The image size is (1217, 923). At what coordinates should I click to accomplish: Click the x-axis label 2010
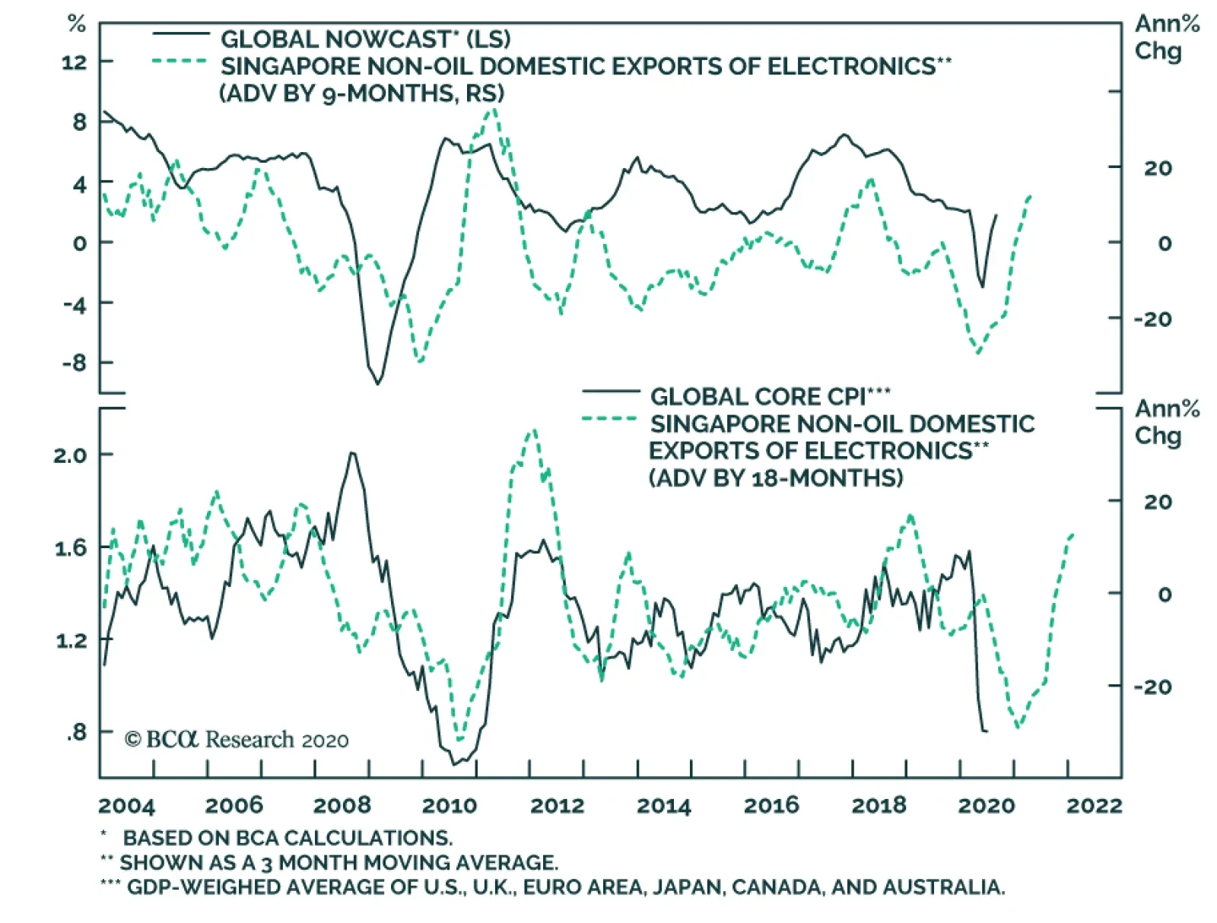point(449,806)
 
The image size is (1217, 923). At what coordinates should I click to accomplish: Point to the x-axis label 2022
point(1094,806)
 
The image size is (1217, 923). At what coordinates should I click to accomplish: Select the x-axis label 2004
point(126,806)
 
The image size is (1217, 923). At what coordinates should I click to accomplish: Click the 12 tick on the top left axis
point(75,62)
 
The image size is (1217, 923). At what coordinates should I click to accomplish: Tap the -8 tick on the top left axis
point(75,363)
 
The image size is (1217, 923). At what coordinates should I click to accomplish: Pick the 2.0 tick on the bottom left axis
point(71,455)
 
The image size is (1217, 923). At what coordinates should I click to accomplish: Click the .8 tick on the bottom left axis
point(76,732)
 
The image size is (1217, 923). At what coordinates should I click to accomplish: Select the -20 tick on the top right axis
point(1152,319)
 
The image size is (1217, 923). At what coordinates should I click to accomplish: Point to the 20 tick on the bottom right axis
point(1158,502)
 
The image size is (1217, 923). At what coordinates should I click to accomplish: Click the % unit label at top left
point(77,24)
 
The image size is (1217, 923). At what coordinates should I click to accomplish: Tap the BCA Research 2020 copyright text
point(237,740)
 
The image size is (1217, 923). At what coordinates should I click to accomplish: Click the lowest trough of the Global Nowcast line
point(377,383)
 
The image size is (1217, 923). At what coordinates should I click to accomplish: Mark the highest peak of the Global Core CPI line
point(351,453)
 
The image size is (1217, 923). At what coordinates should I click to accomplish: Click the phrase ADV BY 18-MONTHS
point(776,478)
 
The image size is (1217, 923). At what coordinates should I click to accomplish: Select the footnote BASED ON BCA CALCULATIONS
point(288,838)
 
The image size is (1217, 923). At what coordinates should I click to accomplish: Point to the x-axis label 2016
point(771,806)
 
